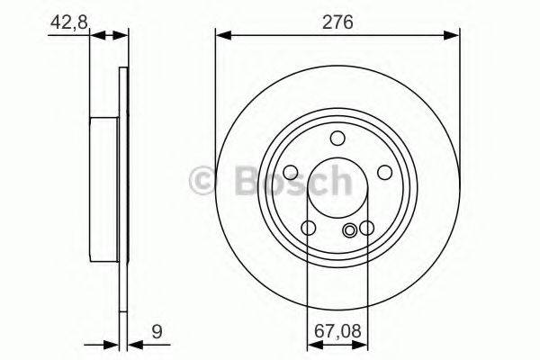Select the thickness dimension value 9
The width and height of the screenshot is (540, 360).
[x=157, y=329]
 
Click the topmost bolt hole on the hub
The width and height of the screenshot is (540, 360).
[x=337, y=138]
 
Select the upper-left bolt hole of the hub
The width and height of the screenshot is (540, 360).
[x=291, y=172]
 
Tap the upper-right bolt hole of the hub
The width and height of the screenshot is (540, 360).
[x=384, y=172]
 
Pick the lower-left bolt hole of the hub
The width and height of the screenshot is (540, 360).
[x=309, y=229]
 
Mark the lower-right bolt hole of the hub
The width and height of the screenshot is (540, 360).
[x=366, y=229]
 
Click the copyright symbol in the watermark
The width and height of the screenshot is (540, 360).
[x=204, y=182]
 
